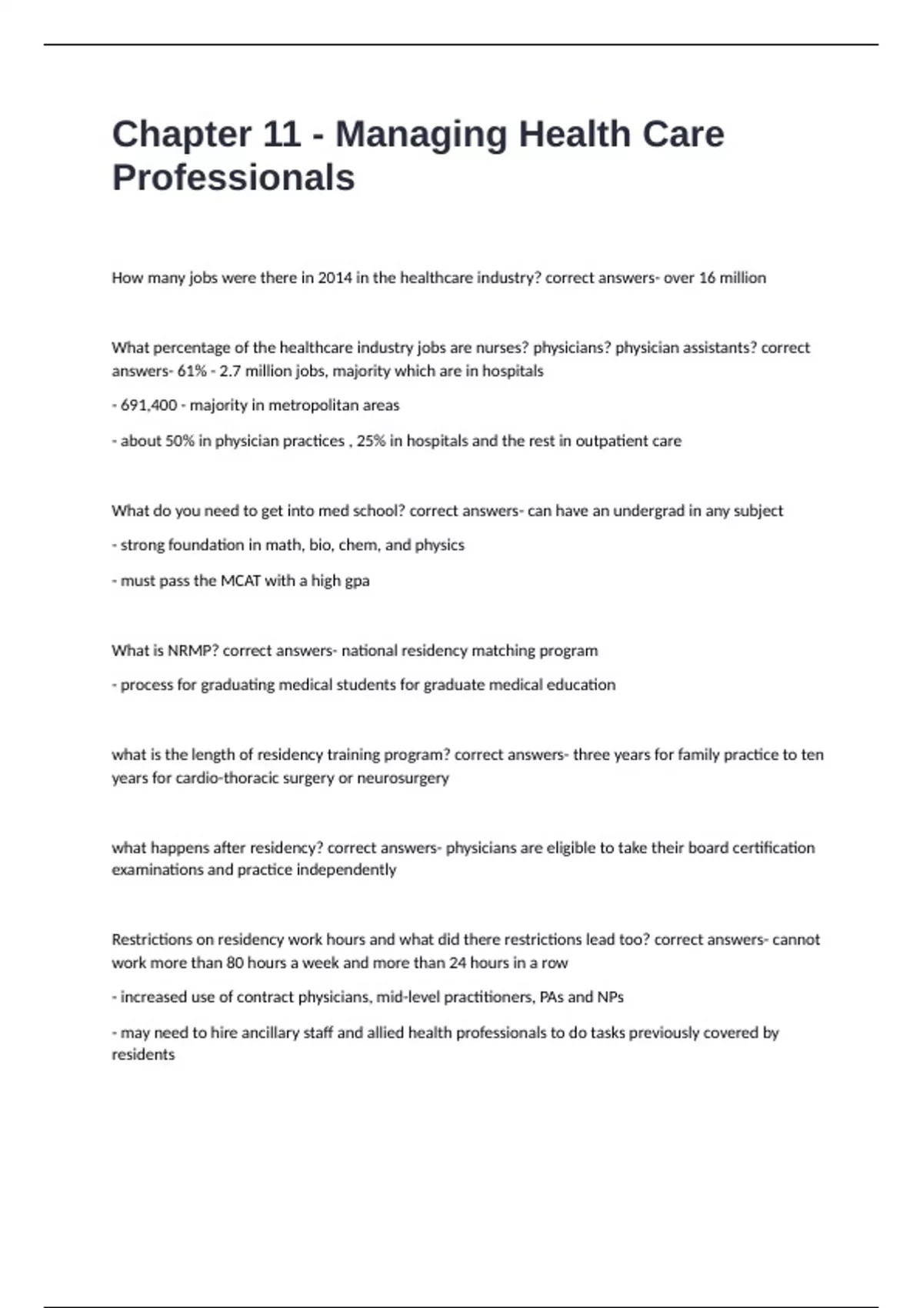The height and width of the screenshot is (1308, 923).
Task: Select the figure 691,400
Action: [x=149, y=405]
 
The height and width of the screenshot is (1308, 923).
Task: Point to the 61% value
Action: [x=192, y=371]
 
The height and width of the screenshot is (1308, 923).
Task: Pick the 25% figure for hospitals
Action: [x=371, y=441]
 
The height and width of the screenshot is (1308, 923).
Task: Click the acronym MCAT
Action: [x=240, y=581]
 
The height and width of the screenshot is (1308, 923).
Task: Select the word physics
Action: [x=439, y=546]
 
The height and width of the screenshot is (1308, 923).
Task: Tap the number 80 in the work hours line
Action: [x=235, y=963]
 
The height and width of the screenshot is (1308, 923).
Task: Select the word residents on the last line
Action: [x=143, y=1055]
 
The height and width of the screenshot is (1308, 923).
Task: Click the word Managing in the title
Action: [x=422, y=134]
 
